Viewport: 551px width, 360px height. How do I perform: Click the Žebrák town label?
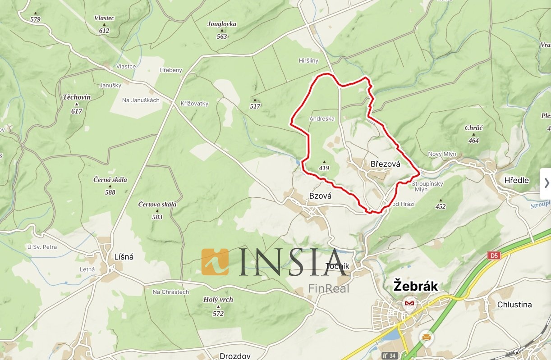pos(416,286)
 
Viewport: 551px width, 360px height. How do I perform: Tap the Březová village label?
pos(385,164)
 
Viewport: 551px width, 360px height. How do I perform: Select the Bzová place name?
pos(320,196)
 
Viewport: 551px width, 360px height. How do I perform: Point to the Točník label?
pos(337,266)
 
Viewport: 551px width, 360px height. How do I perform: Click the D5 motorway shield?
pos(494,255)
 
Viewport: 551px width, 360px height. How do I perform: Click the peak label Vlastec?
pos(104,18)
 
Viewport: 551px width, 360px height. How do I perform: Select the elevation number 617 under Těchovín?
pos(77,111)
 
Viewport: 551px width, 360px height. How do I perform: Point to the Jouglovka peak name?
pos(221,24)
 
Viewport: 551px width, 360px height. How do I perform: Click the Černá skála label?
pos(110,180)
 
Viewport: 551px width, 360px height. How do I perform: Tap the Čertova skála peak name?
pos(157,205)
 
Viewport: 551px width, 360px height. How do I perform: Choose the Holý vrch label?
pos(218,300)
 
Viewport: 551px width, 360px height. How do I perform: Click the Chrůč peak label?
pos(473,128)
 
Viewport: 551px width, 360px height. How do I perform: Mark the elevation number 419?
pos(324,168)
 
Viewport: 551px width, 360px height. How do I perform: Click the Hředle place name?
pos(516,180)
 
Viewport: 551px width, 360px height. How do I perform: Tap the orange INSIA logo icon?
pos(215,262)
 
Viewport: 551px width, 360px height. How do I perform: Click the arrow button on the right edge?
pos(546,182)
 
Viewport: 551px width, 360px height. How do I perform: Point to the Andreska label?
pos(322,119)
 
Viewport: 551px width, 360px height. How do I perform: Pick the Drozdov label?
pos(234,356)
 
